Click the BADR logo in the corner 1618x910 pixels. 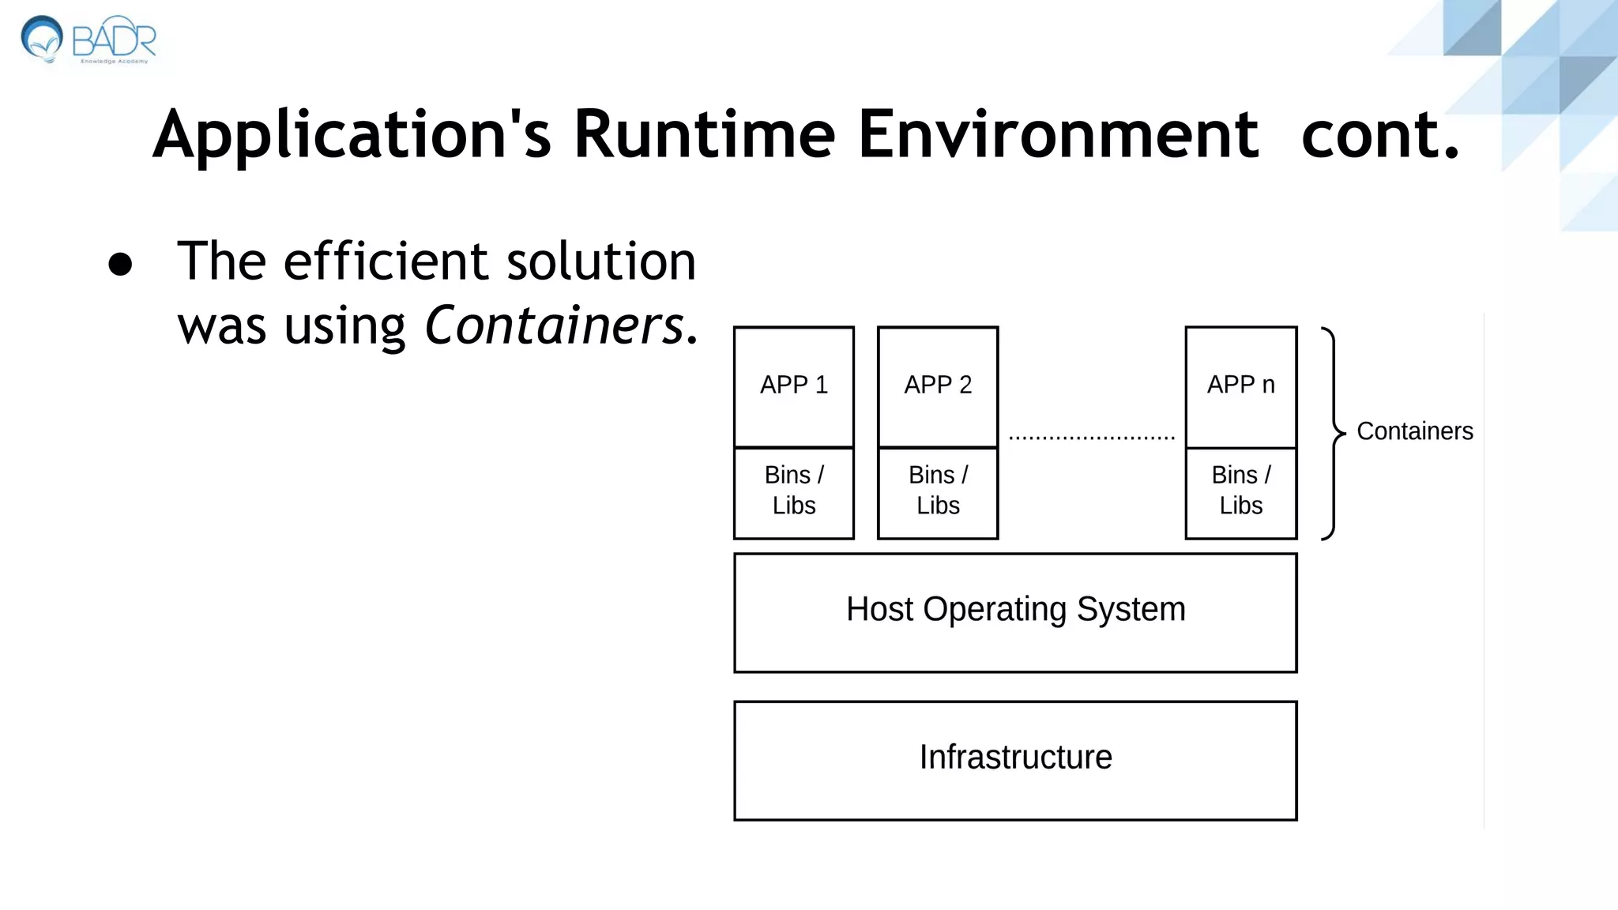[x=87, y=39]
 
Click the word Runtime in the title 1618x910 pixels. [x=704, y=134]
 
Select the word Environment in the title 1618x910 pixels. [x=1058, y=134]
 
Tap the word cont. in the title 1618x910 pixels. [x=1379, y=134]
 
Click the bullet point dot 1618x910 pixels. [x=120, y=265]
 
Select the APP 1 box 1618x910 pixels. [x=793, y=386]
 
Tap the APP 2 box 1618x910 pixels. [x=938, y=386]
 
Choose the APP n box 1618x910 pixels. [x=1240, y=386]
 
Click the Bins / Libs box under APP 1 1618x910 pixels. [x=793, y=491]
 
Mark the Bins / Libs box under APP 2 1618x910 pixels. [x=938, y=491]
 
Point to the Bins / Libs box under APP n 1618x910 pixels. [x=1240, y=491]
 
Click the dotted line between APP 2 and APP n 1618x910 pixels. [x=1091, y=437]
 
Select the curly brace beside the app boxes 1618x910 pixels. [x=1334, y=433]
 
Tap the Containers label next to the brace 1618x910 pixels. [x=1414, y=431]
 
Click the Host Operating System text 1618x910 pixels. [x=1015, y=610]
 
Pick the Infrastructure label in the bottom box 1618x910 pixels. [x=1015, y=758]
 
